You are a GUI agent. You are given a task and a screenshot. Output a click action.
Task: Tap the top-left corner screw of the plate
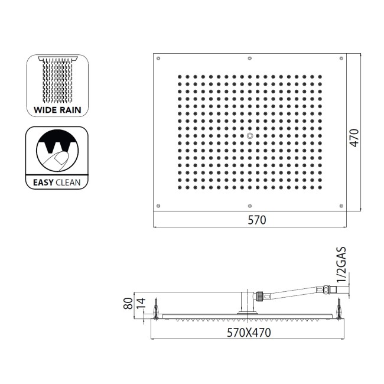click(159, 59)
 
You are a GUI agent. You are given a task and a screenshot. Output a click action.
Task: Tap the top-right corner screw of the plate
click(341, 59)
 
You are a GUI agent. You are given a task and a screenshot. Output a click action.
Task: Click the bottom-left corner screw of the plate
click(159, 206)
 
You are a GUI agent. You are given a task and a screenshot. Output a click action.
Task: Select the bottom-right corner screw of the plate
click(341, 206)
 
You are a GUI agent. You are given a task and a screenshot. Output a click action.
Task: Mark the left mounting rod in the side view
click(155, 307)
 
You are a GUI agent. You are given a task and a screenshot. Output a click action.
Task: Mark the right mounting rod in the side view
click(340, 307)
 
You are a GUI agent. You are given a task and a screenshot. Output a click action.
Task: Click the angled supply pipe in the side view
click(292, 290)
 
